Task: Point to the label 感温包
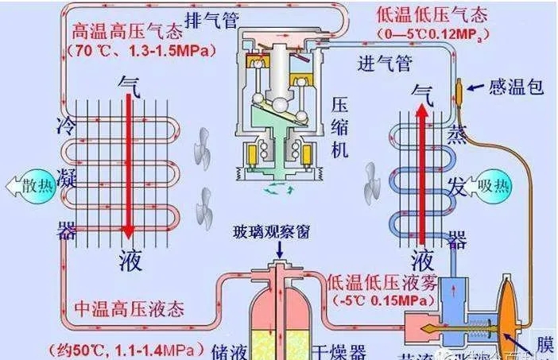pyautogui.click(x=516, y=86)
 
